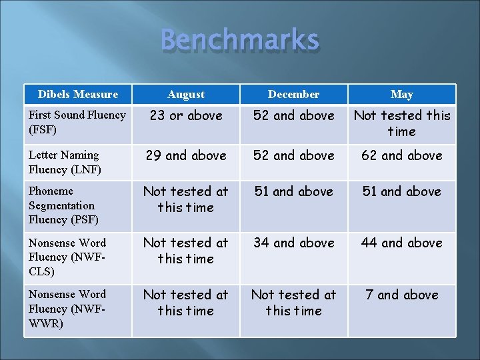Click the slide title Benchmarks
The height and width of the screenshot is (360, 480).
coord(240,41)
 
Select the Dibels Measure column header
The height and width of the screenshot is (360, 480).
coord(78,95)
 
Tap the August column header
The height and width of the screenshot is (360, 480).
coord(186,95)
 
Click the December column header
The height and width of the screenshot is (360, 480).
coord(293,95)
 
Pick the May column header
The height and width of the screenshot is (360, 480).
coord(401,95)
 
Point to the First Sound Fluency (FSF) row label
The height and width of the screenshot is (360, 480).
coord(77,122)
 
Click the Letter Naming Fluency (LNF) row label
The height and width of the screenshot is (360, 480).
coord(64,162)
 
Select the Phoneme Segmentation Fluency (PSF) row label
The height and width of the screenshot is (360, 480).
coord(62,205)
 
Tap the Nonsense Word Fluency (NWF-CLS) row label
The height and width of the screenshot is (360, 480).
coord(67,257)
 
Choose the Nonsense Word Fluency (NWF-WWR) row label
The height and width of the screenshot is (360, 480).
coord(67,309)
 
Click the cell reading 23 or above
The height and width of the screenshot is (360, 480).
coord(186,116)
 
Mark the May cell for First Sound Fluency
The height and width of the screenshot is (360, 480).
coord(401,123)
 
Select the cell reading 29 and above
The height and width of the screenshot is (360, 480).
coord(186,156)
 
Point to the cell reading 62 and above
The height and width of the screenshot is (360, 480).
coord(401,156)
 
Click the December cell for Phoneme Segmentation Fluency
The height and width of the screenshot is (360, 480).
coord(293,192)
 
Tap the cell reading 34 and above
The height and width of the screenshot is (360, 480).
coord(293,243)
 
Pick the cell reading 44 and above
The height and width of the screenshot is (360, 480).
coord(401,243)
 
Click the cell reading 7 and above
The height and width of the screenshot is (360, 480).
coord(401,295)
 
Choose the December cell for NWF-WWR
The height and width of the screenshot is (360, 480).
coord(293,303)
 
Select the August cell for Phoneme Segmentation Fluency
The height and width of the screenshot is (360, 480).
coord(186,199)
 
